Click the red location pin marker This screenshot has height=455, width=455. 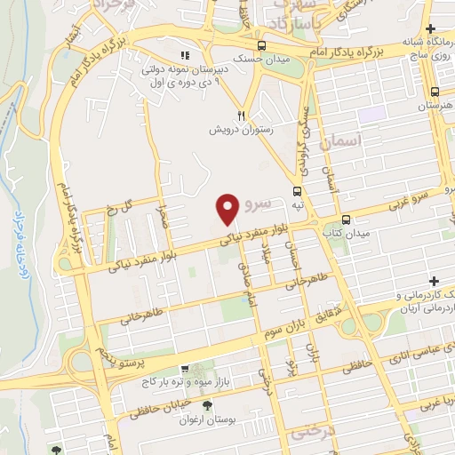pyautogui.click(x=227, y=209)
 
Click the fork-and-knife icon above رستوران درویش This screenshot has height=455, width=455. pyautogui.click(x=240, y=115)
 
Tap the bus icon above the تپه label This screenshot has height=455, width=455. pyautogui.click(x=297, y=189)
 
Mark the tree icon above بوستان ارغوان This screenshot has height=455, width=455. pyautogui.click(x=208, y=406)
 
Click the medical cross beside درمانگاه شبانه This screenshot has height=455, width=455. pyautogui.click(x=430, y=30)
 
